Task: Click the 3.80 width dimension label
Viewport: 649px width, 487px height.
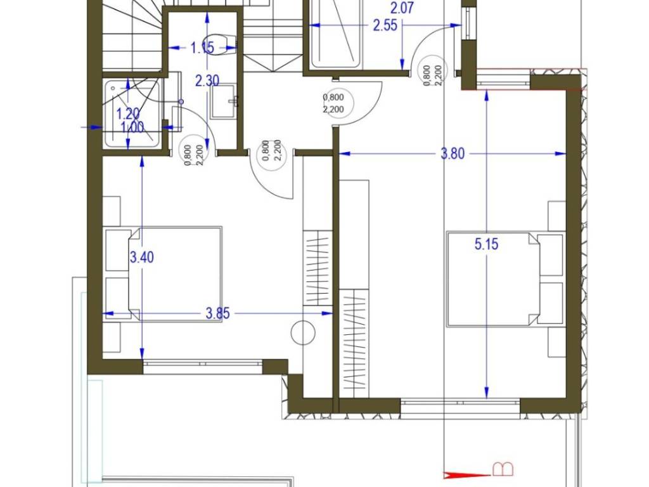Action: (x=453, y=154)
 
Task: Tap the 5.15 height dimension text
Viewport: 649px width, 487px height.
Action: (x=486, y=244)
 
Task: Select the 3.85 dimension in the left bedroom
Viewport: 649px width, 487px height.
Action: (x=218, y=313)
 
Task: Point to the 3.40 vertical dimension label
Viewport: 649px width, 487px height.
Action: (x=142, y=257)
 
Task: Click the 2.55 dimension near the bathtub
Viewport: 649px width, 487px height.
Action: (x=385, y=25)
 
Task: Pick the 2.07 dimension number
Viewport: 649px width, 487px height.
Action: (x=402, y=8)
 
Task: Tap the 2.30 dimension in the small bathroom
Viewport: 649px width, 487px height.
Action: (x=207, y=81)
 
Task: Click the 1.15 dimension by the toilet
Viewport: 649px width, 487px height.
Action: (x=202, y=48)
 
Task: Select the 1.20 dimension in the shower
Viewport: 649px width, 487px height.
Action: (x=127, y=113)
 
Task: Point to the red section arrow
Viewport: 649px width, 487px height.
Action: (x=466, y=475)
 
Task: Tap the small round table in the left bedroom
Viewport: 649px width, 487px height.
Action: (x=303, y=333)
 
